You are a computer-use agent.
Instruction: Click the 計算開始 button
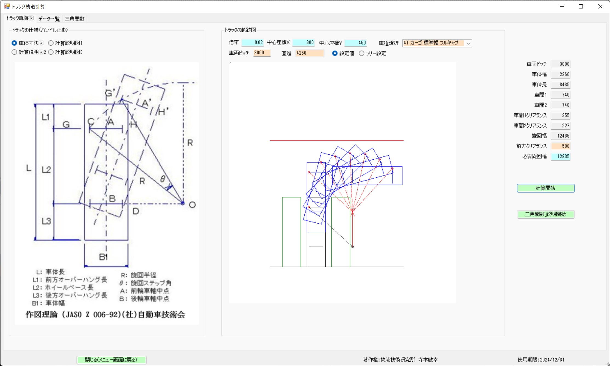pyautogui.click(x=545, y=188)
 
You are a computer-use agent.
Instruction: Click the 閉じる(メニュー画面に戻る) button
pyautogui.click(x=111, y=360)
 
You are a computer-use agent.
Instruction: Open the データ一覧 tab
pyautogui.click(x=49, y=19)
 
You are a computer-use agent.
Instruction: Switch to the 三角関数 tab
pyautogui.click(x=74, y=19)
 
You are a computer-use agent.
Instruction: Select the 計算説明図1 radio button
pyautogui.click(x=51, y=43)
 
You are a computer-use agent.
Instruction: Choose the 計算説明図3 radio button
pyautogui.click(x=51, y=52)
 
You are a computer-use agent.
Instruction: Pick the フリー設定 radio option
pyautogui.click(x=362, y=54)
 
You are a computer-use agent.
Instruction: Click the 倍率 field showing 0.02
pyautogui.click(x=253, y=43)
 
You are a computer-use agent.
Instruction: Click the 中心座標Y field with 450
pyautogui.click(x=355, y=43)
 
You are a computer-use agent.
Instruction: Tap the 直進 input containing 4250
pyautogui.click(x=310, y=53)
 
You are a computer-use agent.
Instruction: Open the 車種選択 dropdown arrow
pyautogui.click(x=468, y=43)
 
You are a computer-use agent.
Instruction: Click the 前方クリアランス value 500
pyautogui.click(x=560, y=146)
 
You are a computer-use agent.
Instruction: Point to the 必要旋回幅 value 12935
pyautogui.click(x=560, y=156)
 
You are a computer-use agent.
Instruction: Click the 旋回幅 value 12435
pyautogui.click(x=560, y=136)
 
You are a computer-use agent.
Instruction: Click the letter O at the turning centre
pyautogui.click(x=192, y=205)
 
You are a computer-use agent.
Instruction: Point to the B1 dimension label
pyautogui.click(x=103, y=257)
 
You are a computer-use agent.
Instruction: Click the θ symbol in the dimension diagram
pyautogui.click(x=163, y=179)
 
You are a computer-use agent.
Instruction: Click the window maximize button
pyautogui.click(x=581, y=7)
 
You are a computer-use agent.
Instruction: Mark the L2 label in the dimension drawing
pyautogui.click(x=46, y=170)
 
